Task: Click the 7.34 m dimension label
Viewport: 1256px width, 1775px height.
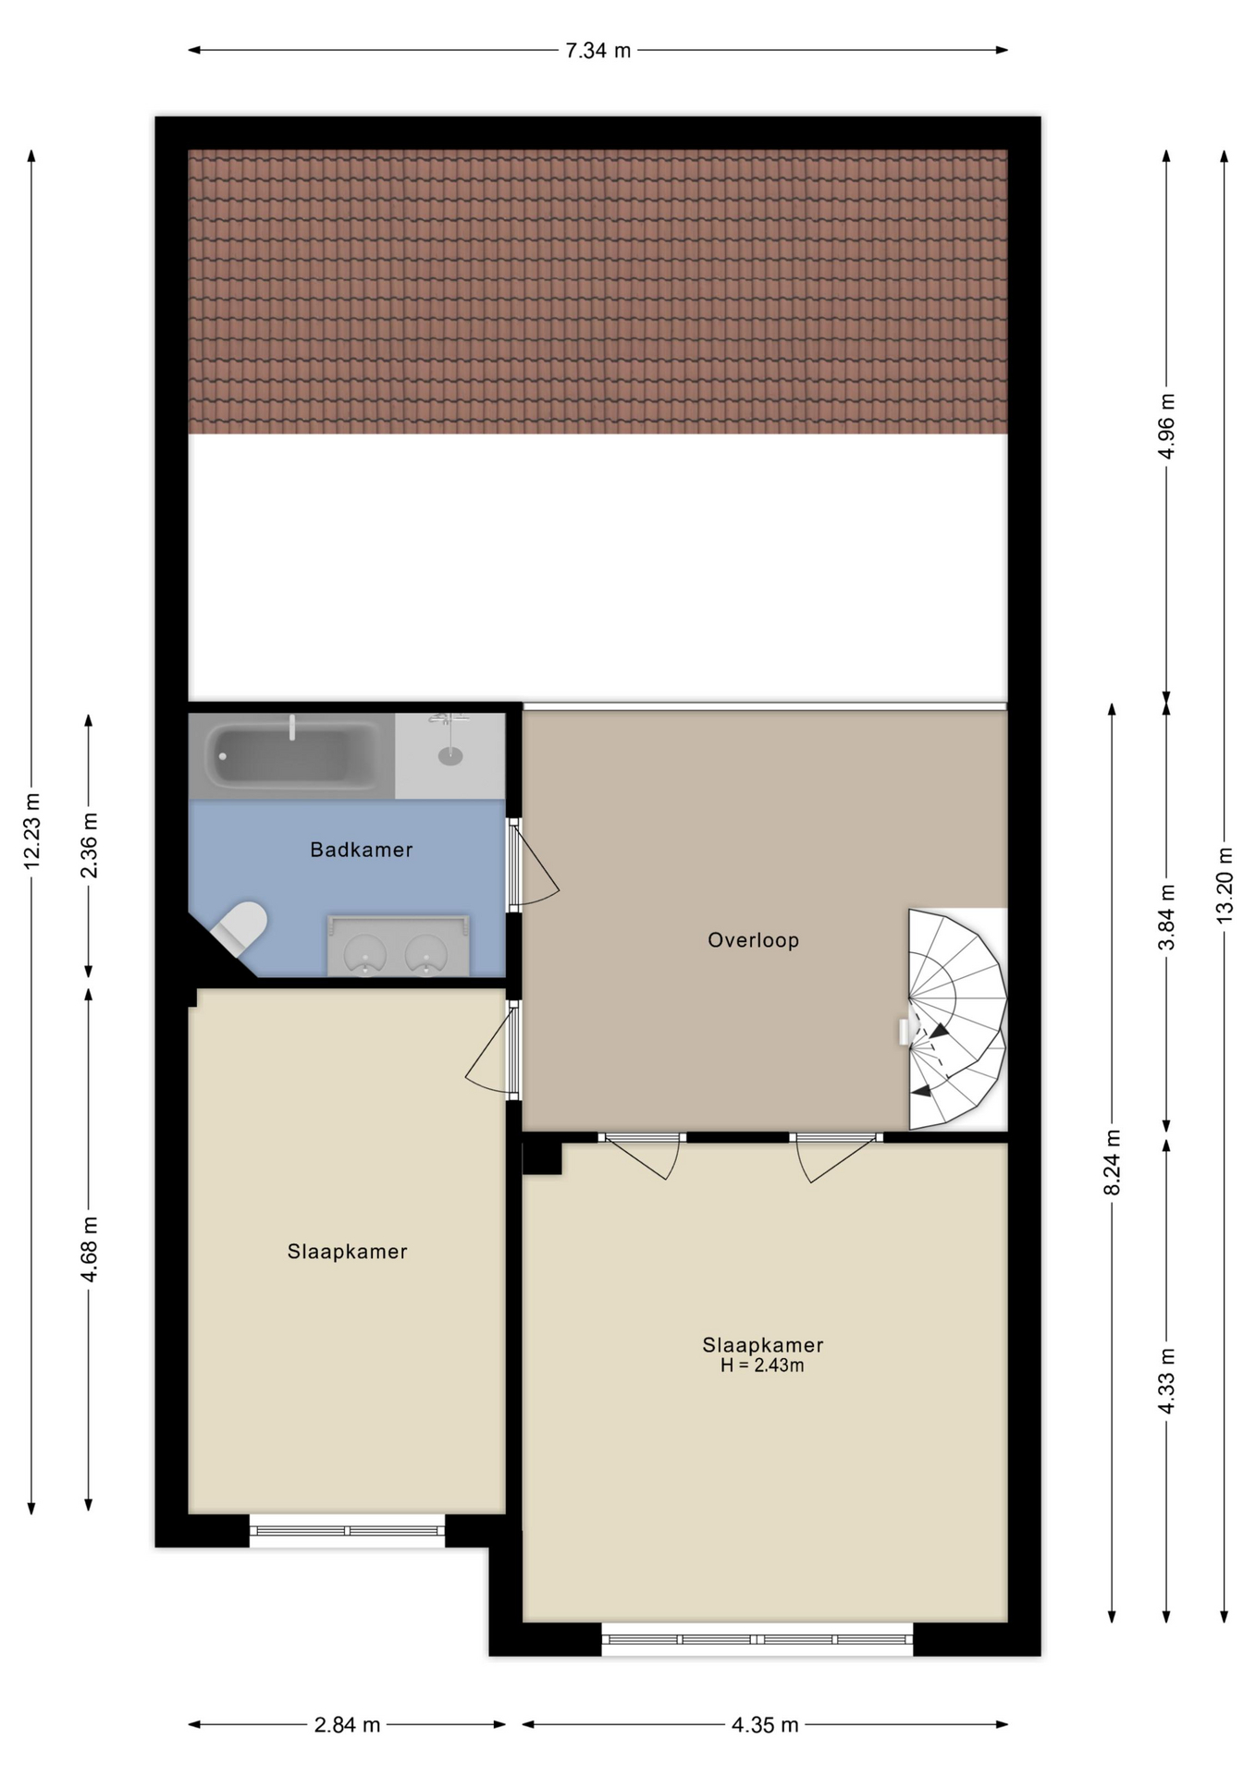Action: tap(597, 51)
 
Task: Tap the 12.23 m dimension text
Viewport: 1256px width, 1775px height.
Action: tap(31, 830)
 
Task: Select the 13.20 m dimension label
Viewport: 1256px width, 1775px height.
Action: tap(1224, 885)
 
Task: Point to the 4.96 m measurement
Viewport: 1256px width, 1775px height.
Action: tap(1166, 425)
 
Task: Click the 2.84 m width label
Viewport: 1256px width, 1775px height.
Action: tap(347, 1724)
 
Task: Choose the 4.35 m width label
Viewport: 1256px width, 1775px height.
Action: tap(765, 1724)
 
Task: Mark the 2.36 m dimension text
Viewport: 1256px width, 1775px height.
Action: tap(89, 845)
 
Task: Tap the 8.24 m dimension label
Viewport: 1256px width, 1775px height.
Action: tap(1112, 1162)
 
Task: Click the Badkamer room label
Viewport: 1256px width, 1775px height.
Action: tap(361, 850)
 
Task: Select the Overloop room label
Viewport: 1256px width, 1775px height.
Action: tap(753, 940)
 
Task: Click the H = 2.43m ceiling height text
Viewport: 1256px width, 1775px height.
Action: tap(762, 1365)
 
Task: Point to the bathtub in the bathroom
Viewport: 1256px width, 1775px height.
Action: tap(292, 755)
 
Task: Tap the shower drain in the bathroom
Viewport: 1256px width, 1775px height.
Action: tap(450, 756)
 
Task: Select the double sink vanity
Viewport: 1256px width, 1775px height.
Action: tap(399, 946)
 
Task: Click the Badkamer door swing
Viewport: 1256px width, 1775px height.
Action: tap(535, 864)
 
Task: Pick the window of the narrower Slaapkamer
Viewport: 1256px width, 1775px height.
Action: tap(347, 1531)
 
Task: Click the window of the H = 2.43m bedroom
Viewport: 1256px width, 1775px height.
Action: tap(757, 1639)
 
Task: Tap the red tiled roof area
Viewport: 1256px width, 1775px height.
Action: tap(597, 291)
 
